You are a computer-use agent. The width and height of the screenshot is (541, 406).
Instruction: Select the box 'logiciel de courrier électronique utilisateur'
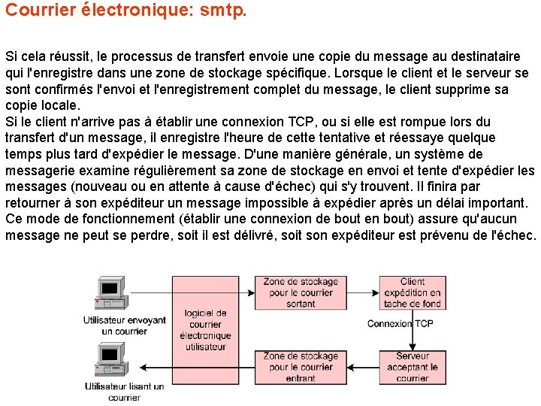pyautogui.click(x=206, y=329)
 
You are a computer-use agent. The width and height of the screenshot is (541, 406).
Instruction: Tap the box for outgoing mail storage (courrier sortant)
pyautogui.click(x=301, y=292)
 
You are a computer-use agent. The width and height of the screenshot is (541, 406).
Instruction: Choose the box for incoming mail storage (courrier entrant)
pyautogui.click(x=301, y=367)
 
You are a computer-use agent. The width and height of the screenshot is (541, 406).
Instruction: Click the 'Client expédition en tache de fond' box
pyautogui.click(x=412, y=292)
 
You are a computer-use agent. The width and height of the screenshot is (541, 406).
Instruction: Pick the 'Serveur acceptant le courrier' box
pyautogui.click(x=412, y=367)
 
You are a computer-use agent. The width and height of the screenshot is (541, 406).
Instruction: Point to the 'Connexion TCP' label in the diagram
pyautogui.click(x=400, y=323)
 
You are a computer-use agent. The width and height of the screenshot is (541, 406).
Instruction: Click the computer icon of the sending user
pyautogui.click(x=110, y=292)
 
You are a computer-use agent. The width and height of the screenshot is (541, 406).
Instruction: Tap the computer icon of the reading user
pyautogui.click(x=110, y=359)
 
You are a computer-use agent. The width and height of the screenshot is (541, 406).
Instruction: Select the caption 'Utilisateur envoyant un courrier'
pyautogui.click(x=125, y=325)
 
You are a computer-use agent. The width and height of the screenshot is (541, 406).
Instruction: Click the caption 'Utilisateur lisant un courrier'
pyautogui.click(x=125, y=392)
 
